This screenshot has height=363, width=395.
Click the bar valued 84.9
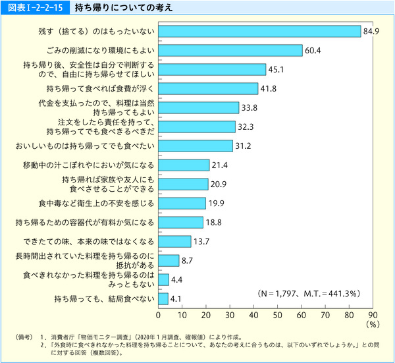click(259, 31)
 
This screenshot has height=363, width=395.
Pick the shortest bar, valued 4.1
click(163, 299)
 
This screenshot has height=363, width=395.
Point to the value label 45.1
click(276, 69)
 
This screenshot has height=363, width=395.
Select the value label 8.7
click(188, 260)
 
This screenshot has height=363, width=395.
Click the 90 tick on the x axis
click(373, 314)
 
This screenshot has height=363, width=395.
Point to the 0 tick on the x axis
click(159, 314)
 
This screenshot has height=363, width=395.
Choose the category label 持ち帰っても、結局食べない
click(105, 299)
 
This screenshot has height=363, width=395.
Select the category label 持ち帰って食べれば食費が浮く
click(100, 88)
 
